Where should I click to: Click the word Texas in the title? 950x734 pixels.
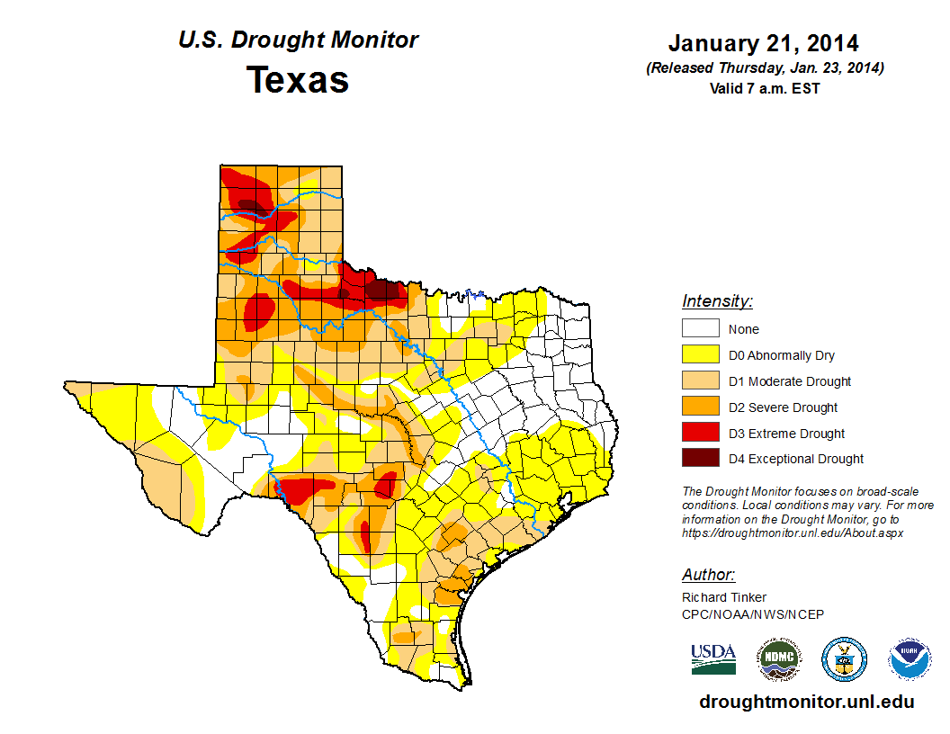(x=298, y=80)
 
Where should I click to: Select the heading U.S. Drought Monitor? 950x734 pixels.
(x=298, y=40)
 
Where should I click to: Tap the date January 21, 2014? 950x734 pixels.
(x=763, y=43)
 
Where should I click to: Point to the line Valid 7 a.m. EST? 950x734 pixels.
(x=764, y=88)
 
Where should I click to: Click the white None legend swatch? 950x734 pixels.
(x=700, y=329)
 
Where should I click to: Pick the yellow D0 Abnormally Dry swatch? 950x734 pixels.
(x=700, y=355)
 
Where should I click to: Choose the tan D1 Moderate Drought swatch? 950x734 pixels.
(x=700, y=381)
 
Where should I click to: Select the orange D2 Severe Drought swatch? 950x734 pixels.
(x=700, y=407)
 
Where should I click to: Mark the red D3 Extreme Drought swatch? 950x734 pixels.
(x=700, y=434)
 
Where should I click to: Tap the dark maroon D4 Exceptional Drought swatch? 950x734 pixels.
(x=700, y=459)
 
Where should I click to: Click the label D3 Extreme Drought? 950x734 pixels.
(x=786, y=434)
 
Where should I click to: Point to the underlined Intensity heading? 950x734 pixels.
(x=717, y=301)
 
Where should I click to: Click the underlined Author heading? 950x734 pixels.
(x=708, y=575)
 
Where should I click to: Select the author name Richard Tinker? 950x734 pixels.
(x=724, y=597)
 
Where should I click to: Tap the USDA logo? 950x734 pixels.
(x=713, y=659)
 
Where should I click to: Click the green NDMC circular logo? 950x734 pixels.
(x=778, y=659)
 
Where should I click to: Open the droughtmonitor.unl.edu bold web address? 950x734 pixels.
(x=806, y=702)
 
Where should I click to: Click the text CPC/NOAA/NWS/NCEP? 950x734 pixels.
(x=753, y=613)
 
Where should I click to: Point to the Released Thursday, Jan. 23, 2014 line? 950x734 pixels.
(x=764, y=68)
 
